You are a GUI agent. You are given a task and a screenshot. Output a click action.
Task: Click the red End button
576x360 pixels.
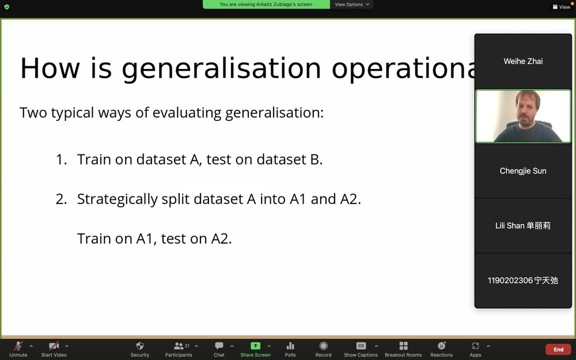click(558, 350)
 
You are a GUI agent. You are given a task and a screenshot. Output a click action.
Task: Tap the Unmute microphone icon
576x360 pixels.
click(18, 346)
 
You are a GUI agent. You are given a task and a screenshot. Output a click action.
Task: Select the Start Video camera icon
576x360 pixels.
click(54, 346)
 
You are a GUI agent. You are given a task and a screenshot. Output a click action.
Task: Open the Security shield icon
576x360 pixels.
click(140, 346)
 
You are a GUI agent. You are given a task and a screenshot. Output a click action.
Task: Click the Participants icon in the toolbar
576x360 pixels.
click(179, 346)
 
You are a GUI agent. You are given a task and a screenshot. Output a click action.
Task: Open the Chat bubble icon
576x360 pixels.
click(219, 346)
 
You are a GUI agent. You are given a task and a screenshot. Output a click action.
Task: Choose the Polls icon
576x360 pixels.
click(290, 346)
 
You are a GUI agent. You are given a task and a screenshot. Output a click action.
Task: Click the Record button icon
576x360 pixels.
click(323, 346)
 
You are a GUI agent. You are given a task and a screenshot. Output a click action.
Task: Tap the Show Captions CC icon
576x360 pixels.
click(361, 346)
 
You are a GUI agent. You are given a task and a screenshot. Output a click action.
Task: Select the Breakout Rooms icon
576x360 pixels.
click(403, 346)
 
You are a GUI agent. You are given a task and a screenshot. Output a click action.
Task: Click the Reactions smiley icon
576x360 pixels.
click(442, 346)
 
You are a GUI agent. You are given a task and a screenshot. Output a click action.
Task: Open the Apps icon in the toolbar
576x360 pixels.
click(475, 346)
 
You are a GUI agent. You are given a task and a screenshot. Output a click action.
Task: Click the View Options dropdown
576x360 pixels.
click(351, 5)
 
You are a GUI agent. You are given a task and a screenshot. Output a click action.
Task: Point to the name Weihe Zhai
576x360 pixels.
click(523, 62)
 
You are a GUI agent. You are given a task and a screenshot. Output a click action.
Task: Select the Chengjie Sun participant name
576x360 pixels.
click(523, 171)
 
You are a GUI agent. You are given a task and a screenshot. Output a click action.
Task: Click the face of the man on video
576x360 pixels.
click(527, 109)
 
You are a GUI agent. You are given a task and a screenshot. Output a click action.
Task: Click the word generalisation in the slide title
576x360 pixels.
click(222, 69)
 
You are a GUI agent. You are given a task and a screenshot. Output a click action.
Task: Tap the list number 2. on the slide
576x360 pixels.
click(62, 199)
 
